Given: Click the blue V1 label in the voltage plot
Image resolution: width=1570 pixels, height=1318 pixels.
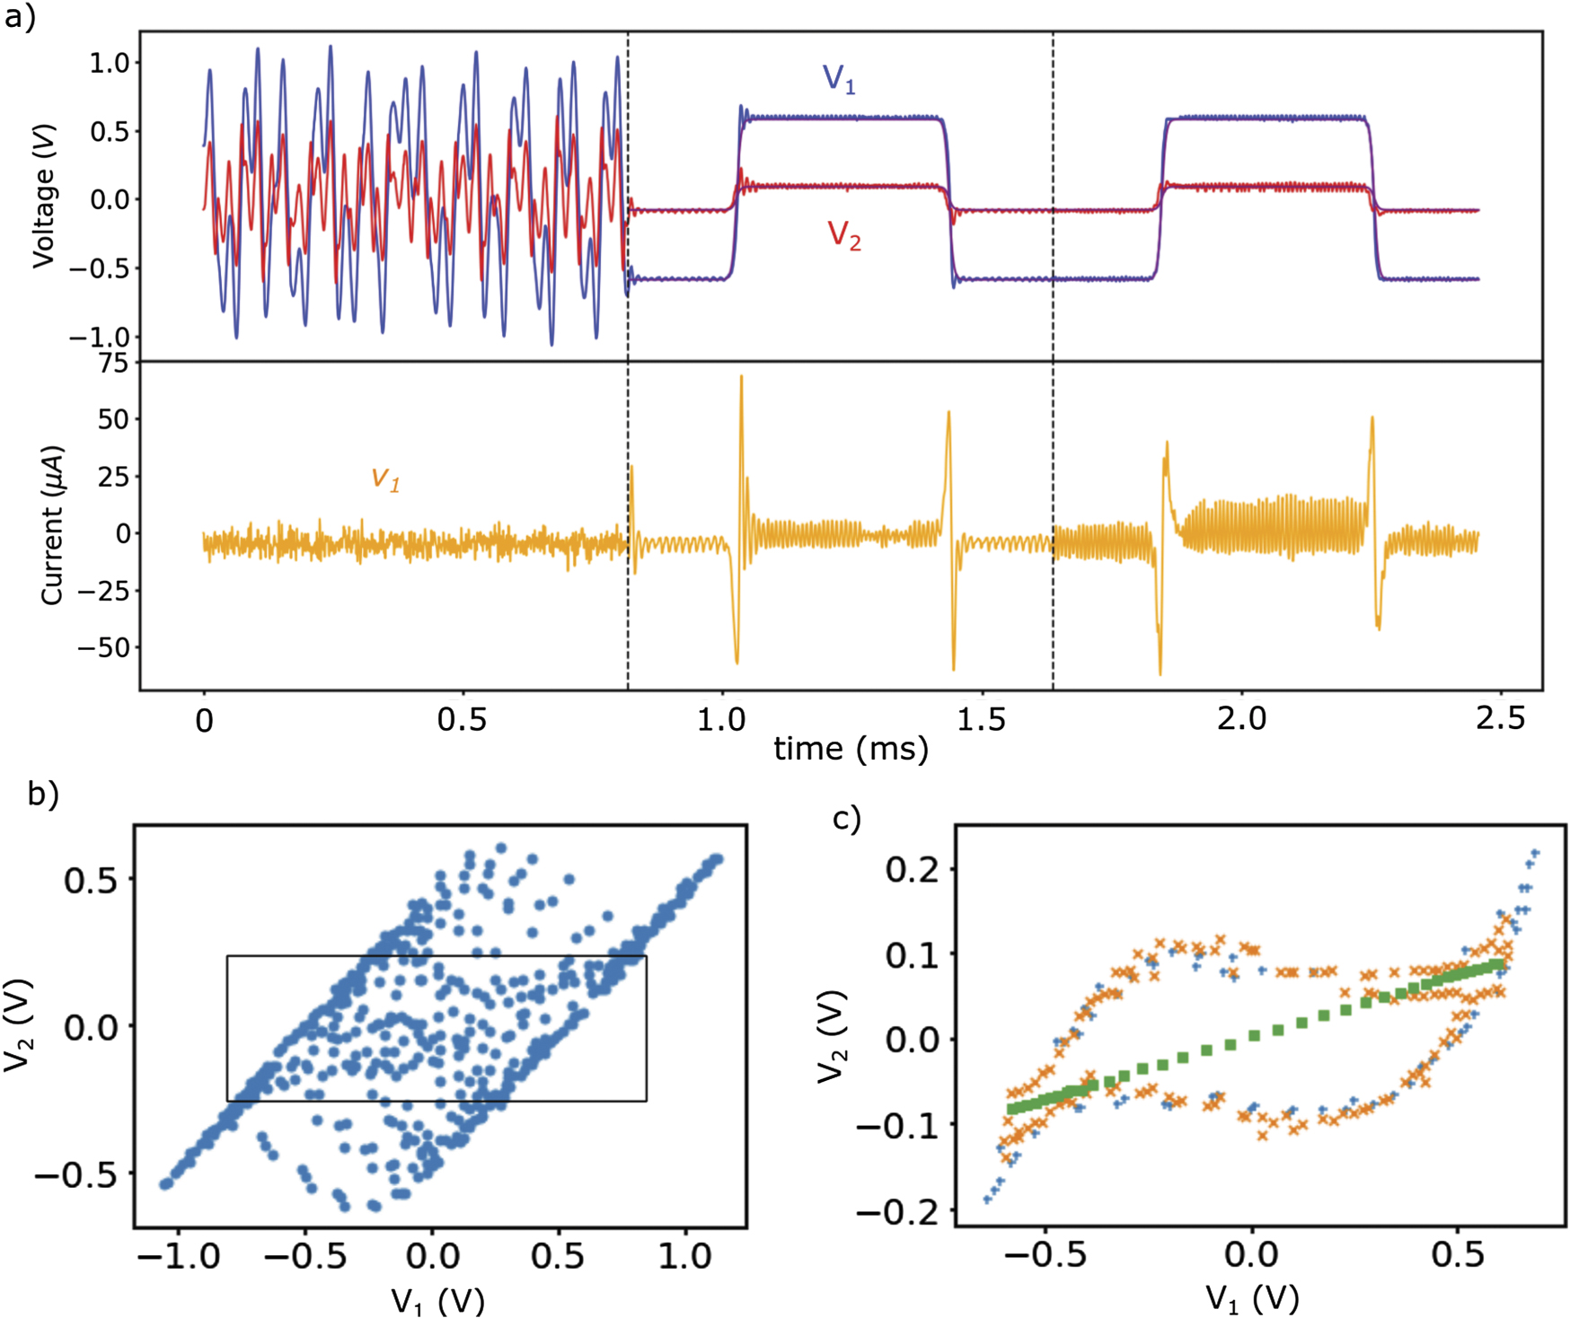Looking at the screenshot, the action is pos(839,79).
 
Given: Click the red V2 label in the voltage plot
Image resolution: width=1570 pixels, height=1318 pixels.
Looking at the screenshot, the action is pos(843,234).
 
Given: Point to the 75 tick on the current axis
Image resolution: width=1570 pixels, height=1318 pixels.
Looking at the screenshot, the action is pos(113,363).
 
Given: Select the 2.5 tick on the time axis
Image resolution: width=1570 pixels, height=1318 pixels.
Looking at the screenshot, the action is pos(1500,719).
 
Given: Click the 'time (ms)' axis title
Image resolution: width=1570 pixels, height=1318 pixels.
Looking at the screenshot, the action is pos(851,749).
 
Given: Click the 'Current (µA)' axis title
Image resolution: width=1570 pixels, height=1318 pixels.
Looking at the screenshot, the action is pos(52,525).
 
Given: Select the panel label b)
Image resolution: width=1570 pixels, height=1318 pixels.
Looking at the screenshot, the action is pos(42,794).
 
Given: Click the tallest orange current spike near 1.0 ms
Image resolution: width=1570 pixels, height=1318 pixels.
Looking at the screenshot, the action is pos(741,379).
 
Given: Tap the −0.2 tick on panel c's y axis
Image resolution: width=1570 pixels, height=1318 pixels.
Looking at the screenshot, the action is pos(903,1212).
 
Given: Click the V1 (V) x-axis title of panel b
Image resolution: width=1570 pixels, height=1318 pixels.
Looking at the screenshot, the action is pos(437,1300).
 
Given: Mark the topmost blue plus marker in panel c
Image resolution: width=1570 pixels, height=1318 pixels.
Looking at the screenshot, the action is pos(1535,853).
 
